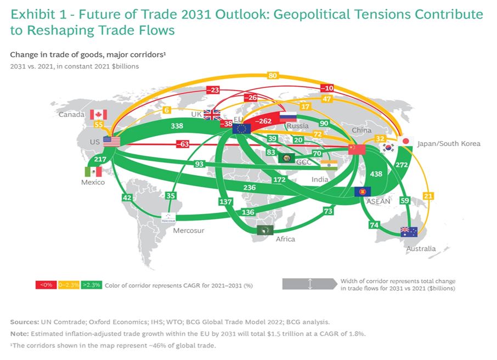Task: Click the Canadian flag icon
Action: coord(98,115)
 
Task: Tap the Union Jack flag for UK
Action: coord(212,115)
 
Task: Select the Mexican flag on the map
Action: coord(93,172)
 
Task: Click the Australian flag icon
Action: coord(409,232)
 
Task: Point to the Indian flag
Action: coord(329,165)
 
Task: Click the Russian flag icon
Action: coord(288,117)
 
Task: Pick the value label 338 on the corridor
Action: coord(177,126)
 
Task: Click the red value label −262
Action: coord(263,121)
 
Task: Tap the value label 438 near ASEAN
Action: coord(376,174)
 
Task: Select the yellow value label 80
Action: coord(273,76)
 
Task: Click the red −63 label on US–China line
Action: coord(183,144)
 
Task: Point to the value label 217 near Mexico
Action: coord(100,159)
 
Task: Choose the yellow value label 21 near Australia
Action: coord(428,196)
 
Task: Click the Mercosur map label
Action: coord(189,230)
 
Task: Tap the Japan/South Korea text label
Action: coord(449,144)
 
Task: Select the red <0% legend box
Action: coord(46,285)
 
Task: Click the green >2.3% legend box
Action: coord(91,285)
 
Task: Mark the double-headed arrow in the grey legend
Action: coord(310,284)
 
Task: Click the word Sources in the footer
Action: coord(25,322)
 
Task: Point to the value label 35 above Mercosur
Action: coord(171,196)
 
